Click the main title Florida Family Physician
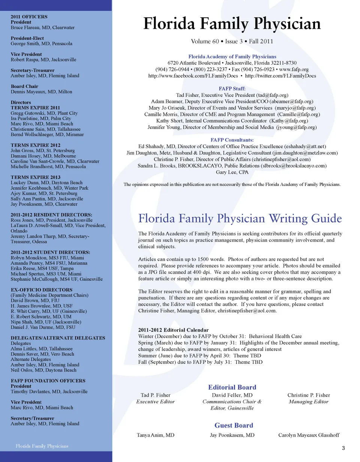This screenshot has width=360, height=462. point(232,24)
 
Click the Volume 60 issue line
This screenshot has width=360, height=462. point(232,41)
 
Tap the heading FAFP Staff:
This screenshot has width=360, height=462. point(232,89)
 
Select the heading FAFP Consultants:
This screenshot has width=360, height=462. point(232,140)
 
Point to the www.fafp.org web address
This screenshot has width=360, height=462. point(294,69)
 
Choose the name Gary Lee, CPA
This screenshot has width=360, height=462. point(232,172)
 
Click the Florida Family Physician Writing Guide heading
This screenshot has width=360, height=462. point(240,218)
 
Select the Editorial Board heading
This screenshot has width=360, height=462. point(232,387)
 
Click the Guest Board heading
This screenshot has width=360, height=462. point(234,425)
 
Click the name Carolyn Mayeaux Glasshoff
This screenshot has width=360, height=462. point(309,435)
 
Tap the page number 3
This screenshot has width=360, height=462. point(343,448)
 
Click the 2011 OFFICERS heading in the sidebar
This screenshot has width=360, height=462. point(29,17)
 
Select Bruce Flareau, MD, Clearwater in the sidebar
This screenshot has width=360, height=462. point(42,27)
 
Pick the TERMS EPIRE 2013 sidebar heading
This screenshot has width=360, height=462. point(35,177)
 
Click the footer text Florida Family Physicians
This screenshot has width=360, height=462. point(42,446)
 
